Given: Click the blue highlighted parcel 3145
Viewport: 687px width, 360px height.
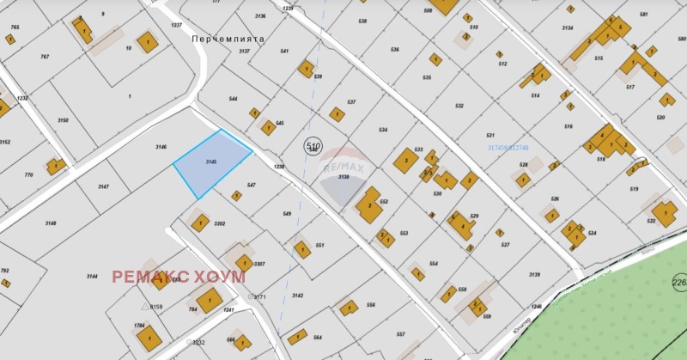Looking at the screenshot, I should tap(211, 163).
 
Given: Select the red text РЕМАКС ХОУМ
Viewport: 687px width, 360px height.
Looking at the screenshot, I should tap(179, 277).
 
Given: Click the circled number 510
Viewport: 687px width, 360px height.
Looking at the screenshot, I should tap(313, 147).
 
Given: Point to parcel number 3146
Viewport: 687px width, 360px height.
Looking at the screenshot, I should tap(161, 147).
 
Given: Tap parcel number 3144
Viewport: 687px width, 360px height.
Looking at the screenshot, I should tap(92, 276).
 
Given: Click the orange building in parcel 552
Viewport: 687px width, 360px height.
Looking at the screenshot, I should tap(369, 205).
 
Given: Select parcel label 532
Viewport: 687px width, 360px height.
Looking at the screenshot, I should tap(459, 106).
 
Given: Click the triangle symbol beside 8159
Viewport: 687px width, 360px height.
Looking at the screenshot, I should tap(145, 306).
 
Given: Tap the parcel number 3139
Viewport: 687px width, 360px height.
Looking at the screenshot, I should tap(534, 274).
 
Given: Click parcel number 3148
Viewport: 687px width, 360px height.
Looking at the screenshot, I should tap(51, 223).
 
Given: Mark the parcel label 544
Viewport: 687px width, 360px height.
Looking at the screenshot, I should tap(233, 99).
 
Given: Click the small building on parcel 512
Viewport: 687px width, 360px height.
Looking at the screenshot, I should tap(499, 54).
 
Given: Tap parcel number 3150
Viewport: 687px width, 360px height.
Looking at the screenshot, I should tap(63, 120).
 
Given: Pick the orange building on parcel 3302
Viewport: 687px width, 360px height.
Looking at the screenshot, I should tap(199, 223).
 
